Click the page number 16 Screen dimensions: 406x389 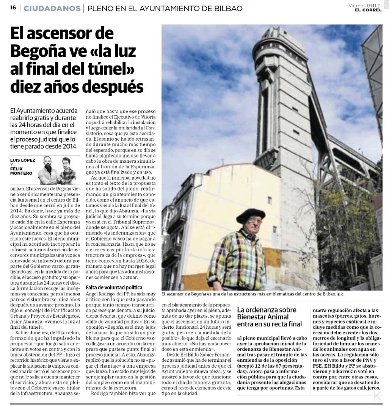point(13,8)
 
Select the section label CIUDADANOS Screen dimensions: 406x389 point(52,8)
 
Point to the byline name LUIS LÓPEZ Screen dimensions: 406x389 point(22,160)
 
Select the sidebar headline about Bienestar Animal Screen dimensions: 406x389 point(269,317)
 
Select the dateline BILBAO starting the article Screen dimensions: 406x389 point(17,188)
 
